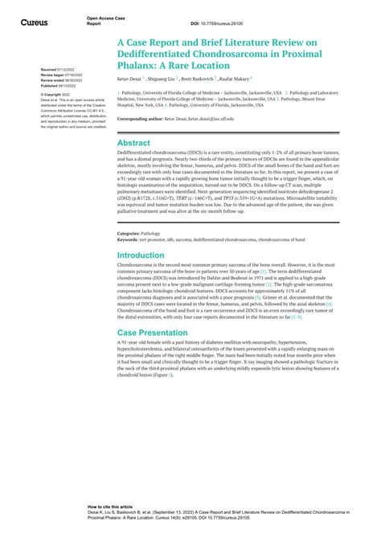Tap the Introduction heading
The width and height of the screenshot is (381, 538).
click(x=141, y=255)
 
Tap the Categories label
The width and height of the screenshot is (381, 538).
click(x=128, y=234)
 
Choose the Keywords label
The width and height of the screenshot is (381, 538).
click(x=127, y=239)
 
